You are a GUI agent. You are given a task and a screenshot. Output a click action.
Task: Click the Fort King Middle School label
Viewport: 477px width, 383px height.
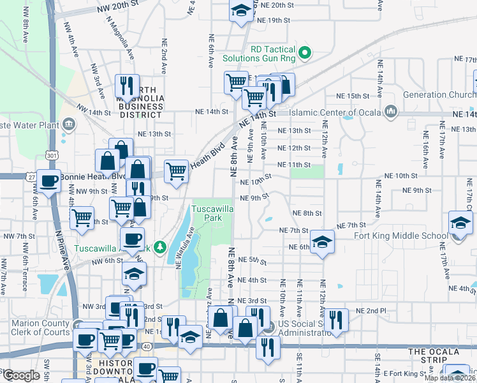click(x=400, y=236)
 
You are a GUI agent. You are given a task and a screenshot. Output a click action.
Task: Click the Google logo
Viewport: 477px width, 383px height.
click(x=22, y=375)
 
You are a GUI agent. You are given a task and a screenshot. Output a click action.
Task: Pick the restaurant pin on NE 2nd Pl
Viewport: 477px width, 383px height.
click(x=336, y=320)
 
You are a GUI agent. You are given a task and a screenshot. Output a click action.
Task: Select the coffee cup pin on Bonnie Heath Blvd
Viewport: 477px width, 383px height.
click(x=48, y=182)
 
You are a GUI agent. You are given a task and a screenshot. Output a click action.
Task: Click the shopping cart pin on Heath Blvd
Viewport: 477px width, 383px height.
click(x=177, y=171)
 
